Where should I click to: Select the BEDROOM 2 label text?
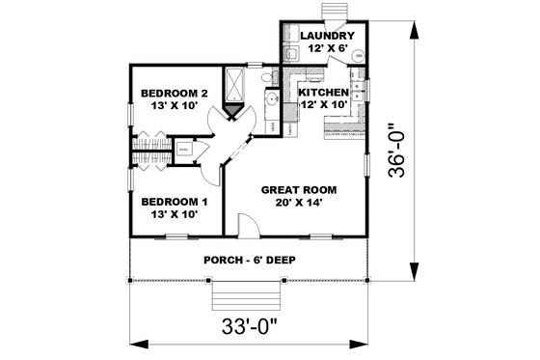pos(175,94)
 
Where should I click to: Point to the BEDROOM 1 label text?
pos(175,202)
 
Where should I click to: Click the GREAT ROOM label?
pos(297,190)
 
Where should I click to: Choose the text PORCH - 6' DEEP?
pos(249,261)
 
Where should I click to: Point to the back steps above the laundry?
pos(335,10)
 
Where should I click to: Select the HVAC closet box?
pos(183,149)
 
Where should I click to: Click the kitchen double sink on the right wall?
pos(358,92)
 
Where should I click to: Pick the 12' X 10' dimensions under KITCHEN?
pos(324,102)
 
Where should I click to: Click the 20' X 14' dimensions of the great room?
pos(297,204)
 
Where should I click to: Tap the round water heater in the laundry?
pos(359,57)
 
